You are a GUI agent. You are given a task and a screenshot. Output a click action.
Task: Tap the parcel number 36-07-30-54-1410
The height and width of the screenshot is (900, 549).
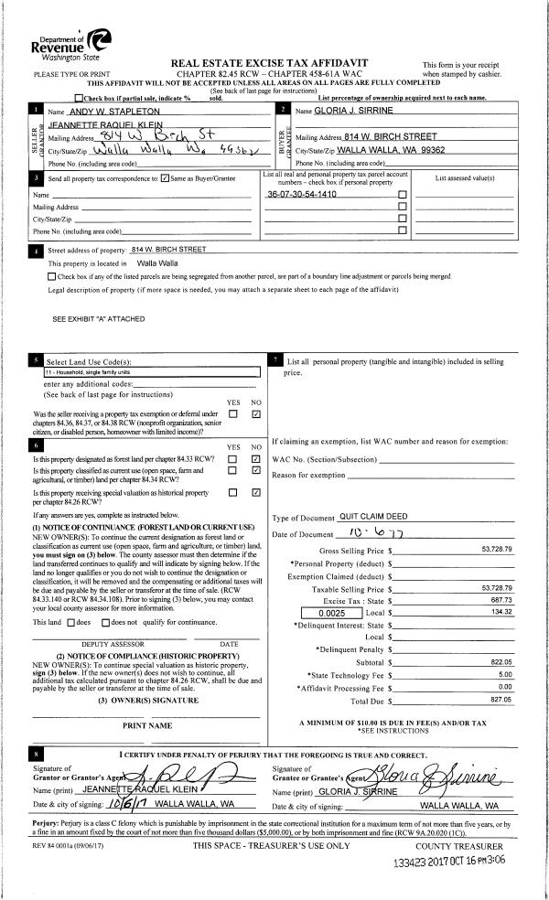pos(301,195)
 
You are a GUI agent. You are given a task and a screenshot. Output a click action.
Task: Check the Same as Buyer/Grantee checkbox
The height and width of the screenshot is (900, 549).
pos(164,178)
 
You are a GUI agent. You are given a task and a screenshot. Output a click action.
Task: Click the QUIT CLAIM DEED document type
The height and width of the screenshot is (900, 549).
pos(371,518)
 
